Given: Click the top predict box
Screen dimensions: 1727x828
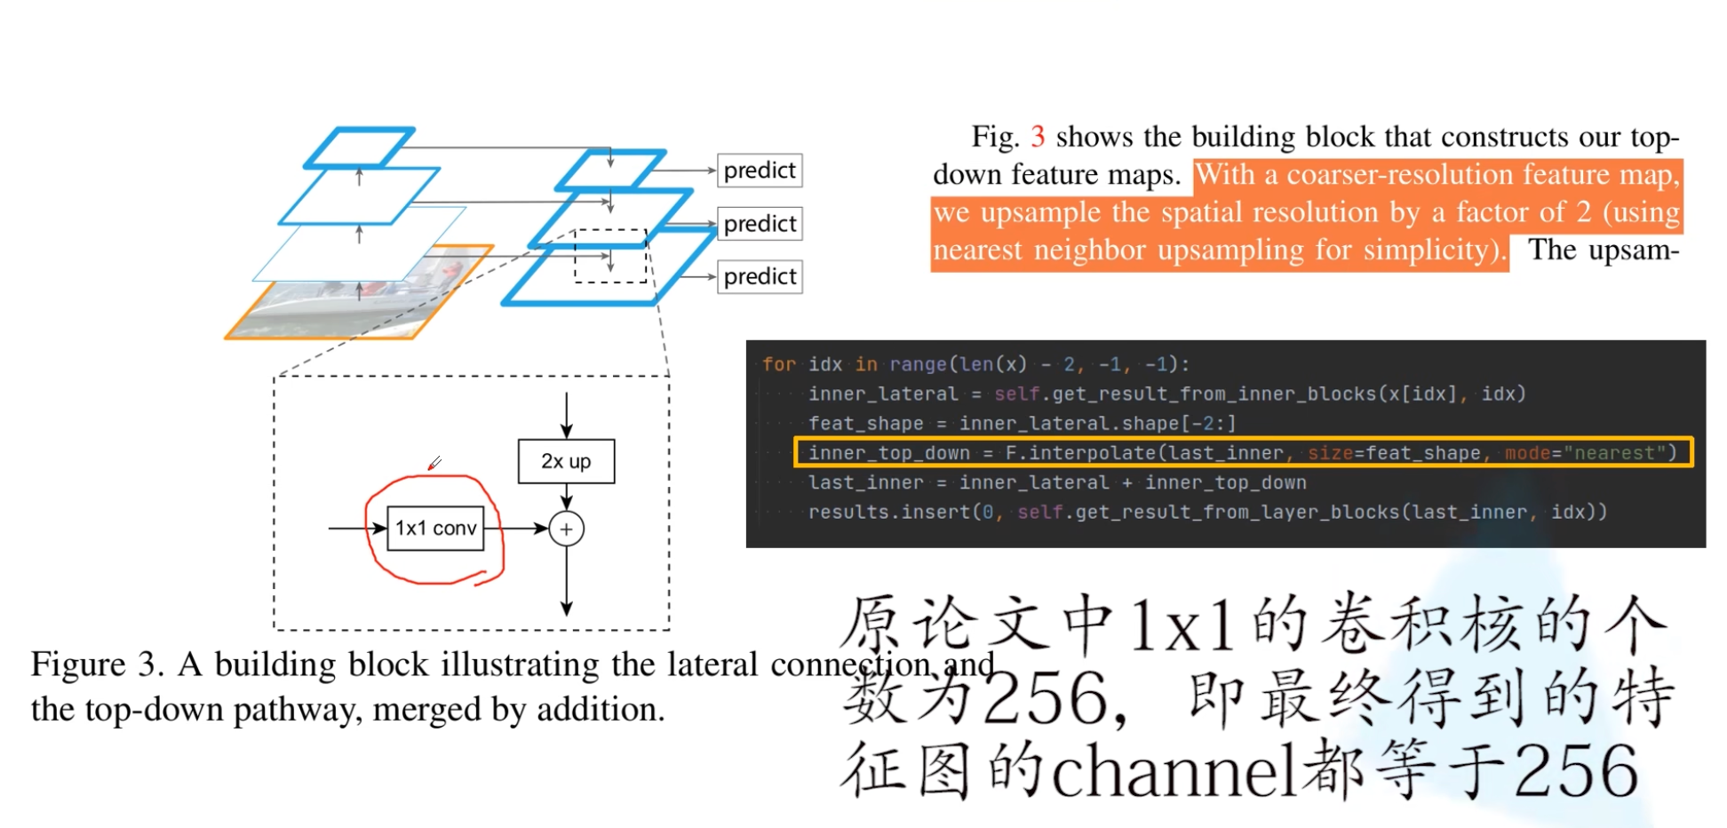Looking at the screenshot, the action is pos(760,171).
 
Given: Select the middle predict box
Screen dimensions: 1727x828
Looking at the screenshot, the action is pos(760,224).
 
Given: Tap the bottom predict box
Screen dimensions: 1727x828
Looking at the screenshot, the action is pos(760,277).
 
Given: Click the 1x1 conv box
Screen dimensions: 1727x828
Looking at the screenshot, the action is pos(435,529).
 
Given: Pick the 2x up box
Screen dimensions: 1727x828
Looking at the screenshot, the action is pos(566,461).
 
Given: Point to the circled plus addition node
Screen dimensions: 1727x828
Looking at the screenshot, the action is pos(566,529).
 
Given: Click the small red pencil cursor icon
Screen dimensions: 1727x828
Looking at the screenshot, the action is pos(434,463).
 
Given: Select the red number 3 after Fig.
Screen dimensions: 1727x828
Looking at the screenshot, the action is pos(1037,137).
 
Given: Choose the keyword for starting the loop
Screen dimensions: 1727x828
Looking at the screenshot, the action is pos(779,364).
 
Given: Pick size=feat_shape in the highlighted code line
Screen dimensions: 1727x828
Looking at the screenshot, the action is pos(1394,453).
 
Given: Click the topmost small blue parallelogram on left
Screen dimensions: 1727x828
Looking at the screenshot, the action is pos(359,147).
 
